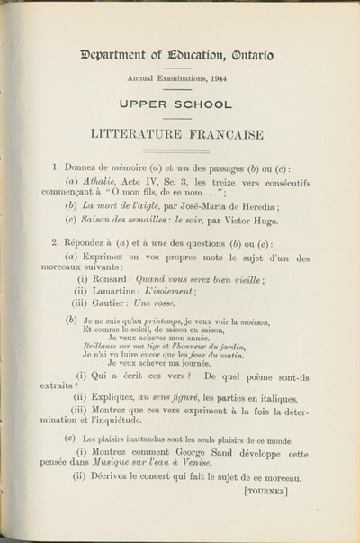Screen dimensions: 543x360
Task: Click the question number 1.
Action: tap(56, 167)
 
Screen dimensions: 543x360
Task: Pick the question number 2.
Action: tap(56, 243)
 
